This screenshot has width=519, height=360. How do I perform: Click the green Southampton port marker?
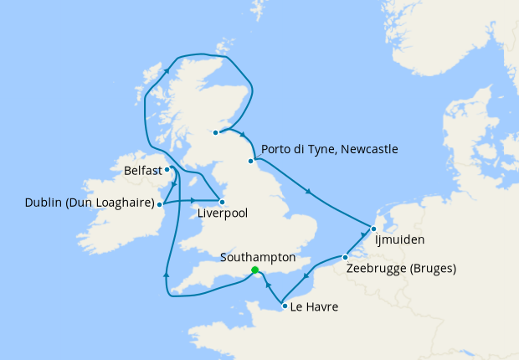[x=254, y=270]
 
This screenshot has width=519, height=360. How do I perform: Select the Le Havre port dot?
[x=285, y=306]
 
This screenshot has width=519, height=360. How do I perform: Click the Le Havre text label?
[x=315, y=307]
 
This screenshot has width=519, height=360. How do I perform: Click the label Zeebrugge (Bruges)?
[x=400, y=270]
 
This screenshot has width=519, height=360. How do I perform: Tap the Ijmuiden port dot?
[x=373, y=229]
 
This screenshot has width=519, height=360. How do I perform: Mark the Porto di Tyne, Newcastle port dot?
[x=250, y=161]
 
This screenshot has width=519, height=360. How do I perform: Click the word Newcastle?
[x=366, y=150]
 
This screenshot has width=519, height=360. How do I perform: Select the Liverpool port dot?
[x=222, y=202]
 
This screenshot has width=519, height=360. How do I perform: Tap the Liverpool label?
[x=223, y=213]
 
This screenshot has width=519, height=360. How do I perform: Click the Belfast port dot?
[x=167, y=169]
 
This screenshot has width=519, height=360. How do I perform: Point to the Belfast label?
[x=141, y=171]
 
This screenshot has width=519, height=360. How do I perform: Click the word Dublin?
[x=44, y=203]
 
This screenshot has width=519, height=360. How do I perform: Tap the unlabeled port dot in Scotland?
[x=215, y=132]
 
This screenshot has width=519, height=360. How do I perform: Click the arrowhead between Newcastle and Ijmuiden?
[x=308, y=193]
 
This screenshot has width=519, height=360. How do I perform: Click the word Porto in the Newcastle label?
[x=277, y=150]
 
